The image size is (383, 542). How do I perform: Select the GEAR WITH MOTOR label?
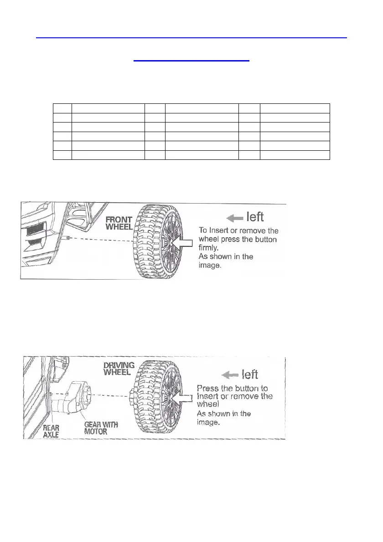101,428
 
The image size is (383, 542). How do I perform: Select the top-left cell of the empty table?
62,108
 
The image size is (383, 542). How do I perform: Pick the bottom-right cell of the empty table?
295,155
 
